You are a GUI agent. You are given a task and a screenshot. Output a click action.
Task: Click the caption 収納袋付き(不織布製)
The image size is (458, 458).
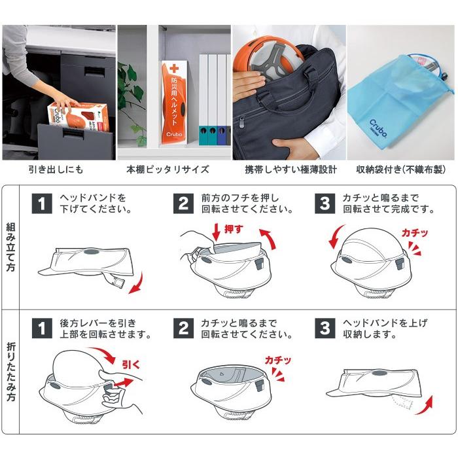[x=402, y=170]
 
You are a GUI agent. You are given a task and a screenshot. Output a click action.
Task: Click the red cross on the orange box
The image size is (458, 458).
[x=174, y=69]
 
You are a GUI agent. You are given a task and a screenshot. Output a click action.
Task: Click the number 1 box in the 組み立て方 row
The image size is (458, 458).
[x=42, y=203]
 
